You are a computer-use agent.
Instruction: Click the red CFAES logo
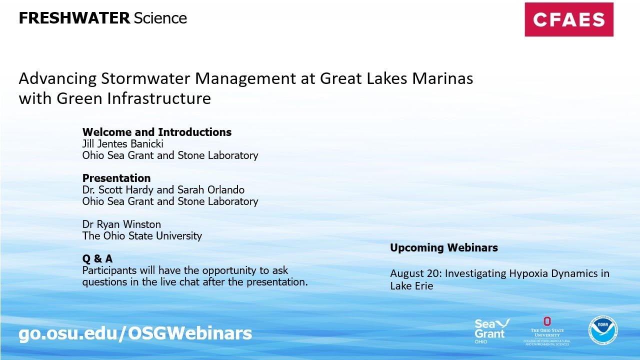(x=568, y=19)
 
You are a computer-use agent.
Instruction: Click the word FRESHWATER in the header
(x=74, y=18)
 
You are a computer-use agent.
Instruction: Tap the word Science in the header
(x=160, y=18)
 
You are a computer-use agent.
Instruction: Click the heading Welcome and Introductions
(x=156, y=132)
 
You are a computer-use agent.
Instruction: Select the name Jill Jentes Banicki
(x=123, y=144)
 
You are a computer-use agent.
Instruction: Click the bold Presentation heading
(x=116, y=178)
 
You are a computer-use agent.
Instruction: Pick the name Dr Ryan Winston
(x=121, y=224)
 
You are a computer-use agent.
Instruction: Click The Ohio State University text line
(x=142, y=236)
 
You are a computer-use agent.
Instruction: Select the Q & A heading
(x=97, y=259)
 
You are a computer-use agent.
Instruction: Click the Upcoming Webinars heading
(x=443, y=248)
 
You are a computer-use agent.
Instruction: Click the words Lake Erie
(x=411, y=286)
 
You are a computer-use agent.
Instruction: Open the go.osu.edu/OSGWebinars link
(x=135, y=333)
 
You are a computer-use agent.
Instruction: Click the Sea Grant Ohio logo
(x=491, y=330)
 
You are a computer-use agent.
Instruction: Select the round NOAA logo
(x=602, y=330)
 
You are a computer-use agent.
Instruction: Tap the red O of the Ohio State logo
(x=547, y=321)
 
